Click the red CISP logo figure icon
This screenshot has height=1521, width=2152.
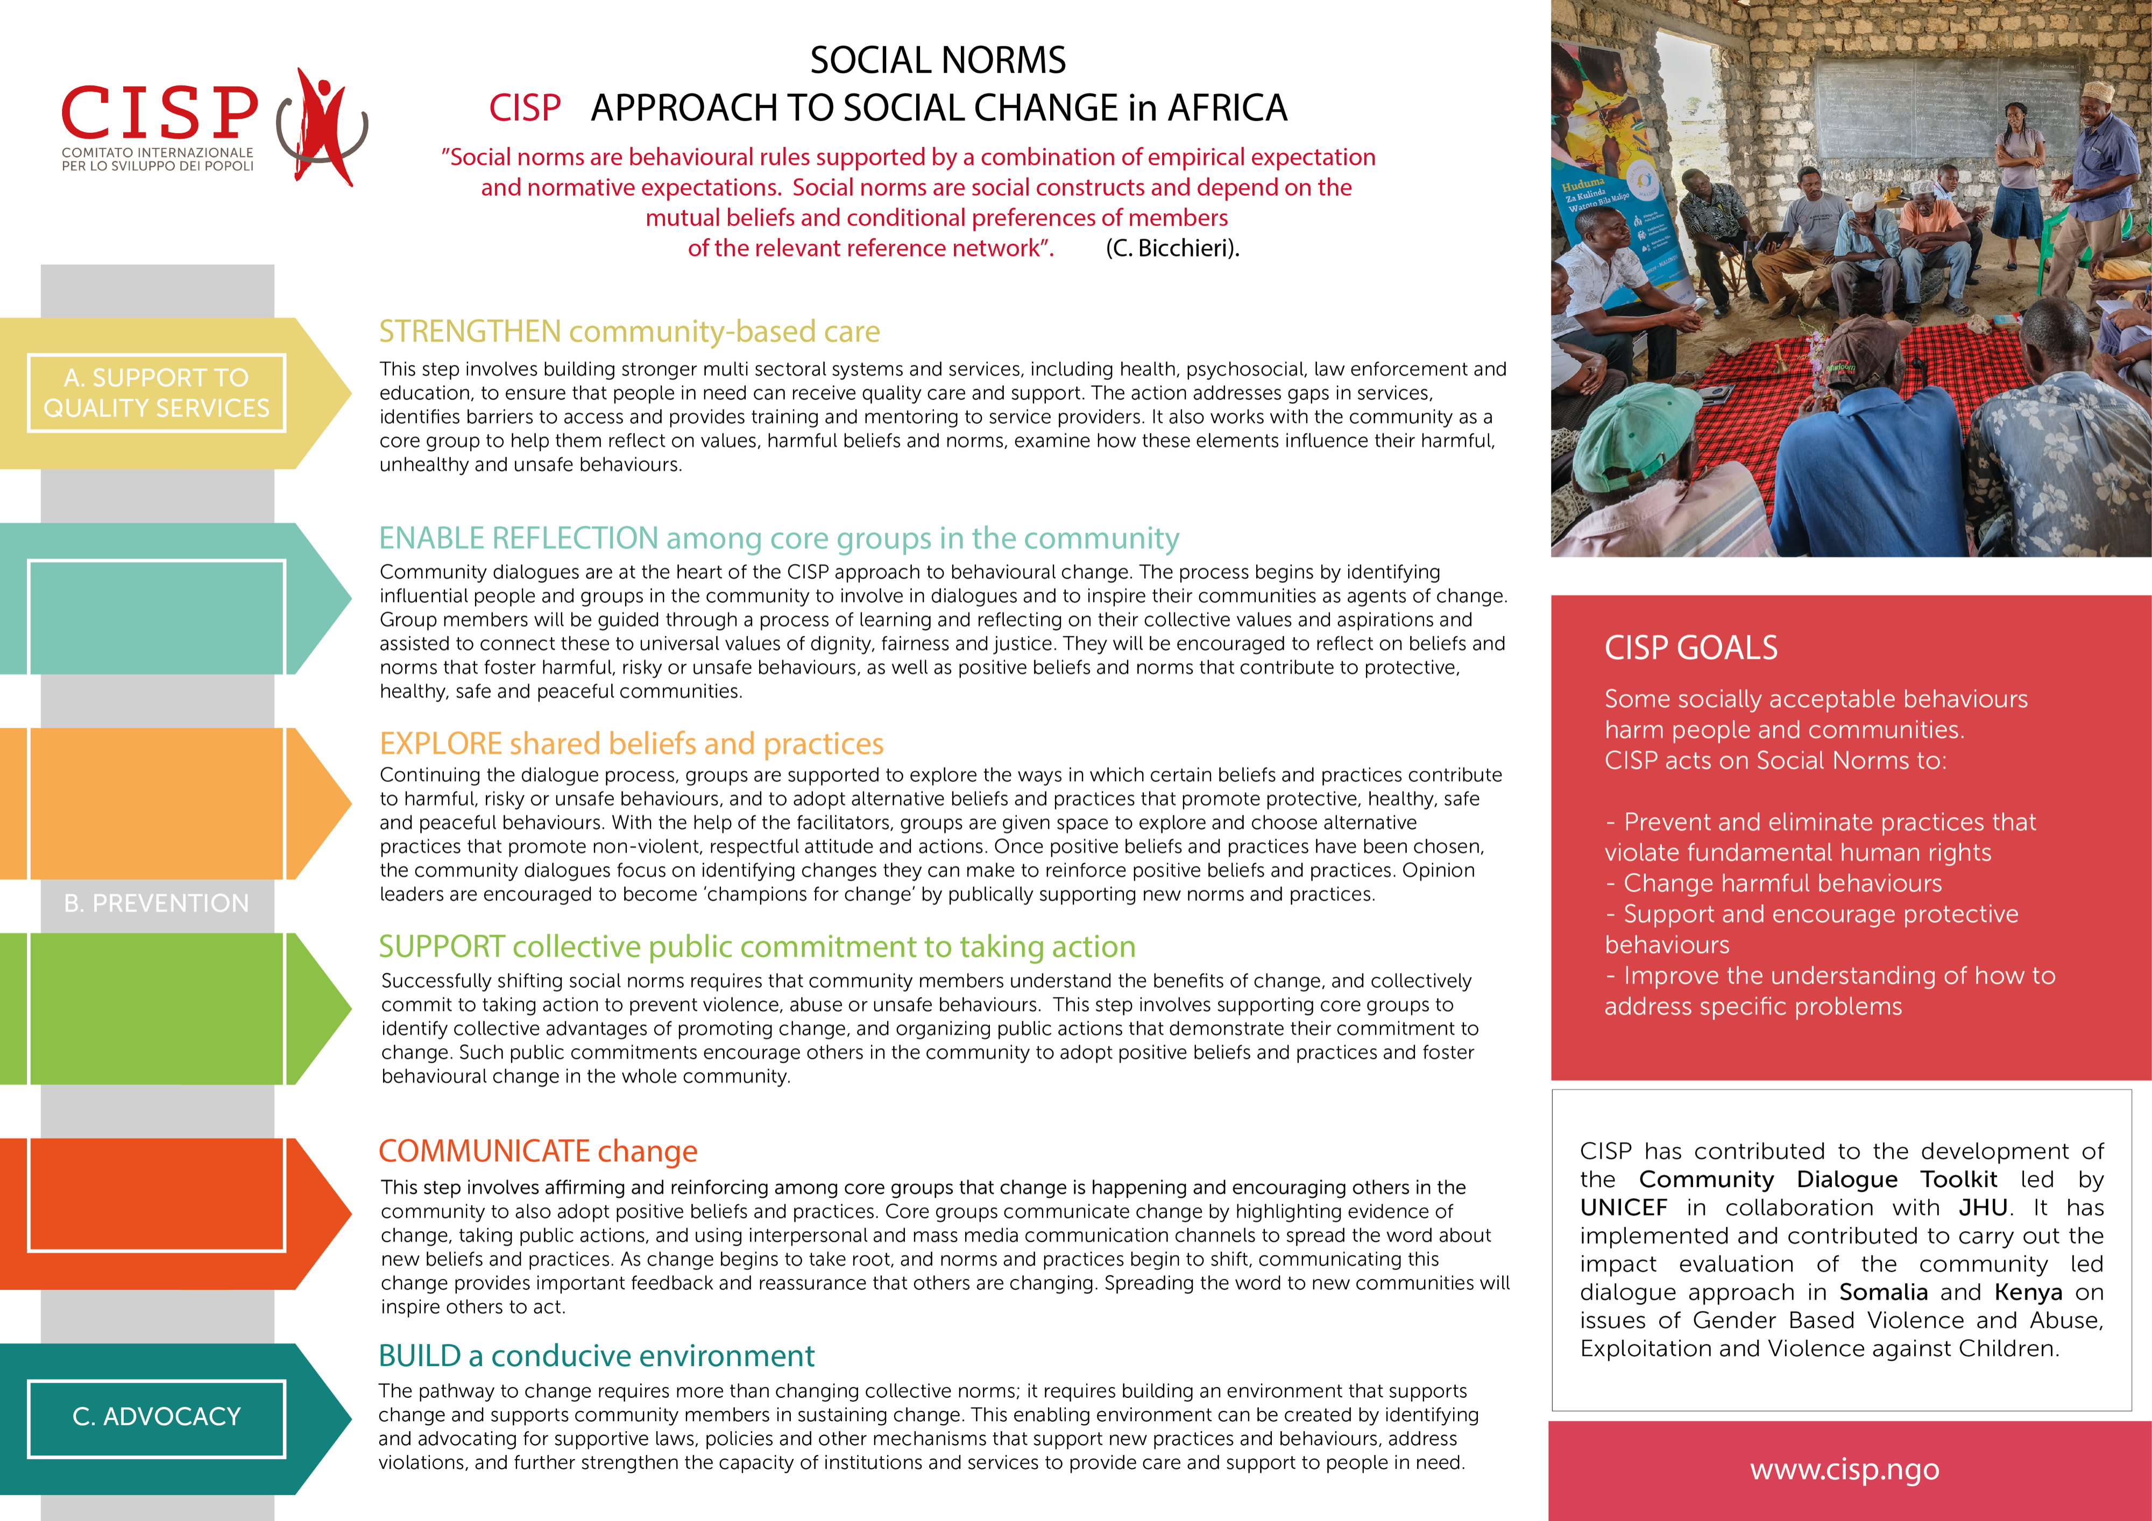(323, 126)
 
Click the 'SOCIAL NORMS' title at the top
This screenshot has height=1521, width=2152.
(937, 61)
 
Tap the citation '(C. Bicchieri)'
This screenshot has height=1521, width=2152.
(1172, 248)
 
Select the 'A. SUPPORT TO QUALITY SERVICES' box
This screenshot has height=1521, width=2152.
(157, 393)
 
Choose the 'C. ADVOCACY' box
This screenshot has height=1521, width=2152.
(157, 1417)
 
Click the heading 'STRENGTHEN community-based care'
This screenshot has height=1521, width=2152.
(629, 332)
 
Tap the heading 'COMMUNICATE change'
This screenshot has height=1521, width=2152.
(538, 1151)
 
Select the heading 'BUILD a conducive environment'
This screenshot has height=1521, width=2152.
(596, 1356)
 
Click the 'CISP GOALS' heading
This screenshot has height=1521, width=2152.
(1691, 648)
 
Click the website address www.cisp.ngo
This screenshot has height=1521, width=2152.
(1844, 1469)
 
